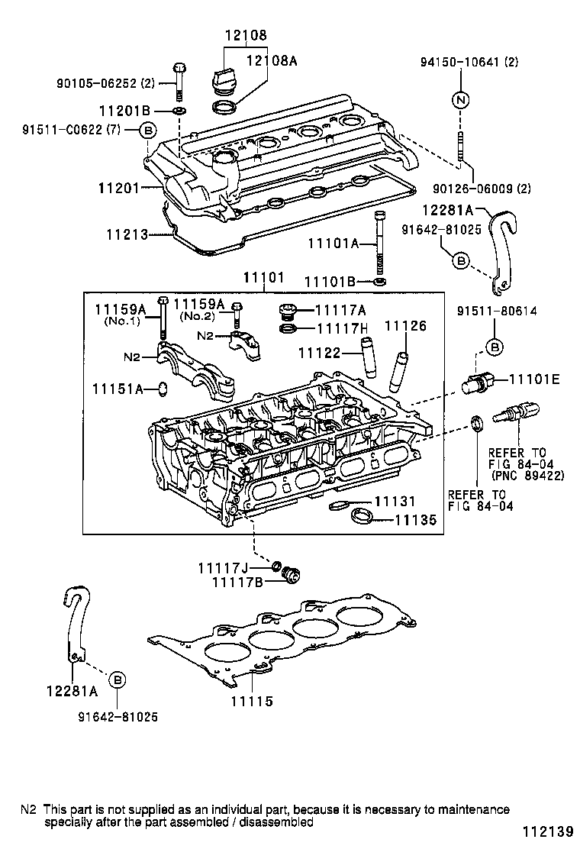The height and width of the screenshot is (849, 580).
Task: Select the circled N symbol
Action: (461, 100)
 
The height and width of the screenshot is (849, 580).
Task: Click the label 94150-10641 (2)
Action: (469, 63)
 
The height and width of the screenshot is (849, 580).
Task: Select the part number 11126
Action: (405, 326)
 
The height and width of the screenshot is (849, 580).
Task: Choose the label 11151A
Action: (118, 389)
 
